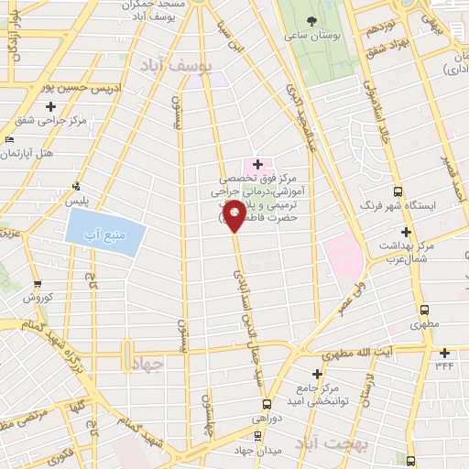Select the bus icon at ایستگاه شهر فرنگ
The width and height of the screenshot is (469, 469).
398,191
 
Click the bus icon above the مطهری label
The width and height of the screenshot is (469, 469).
422,310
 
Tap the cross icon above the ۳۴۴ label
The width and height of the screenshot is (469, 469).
444,353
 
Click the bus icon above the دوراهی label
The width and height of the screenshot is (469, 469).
267,403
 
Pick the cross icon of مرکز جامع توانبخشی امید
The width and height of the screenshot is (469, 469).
317,374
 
